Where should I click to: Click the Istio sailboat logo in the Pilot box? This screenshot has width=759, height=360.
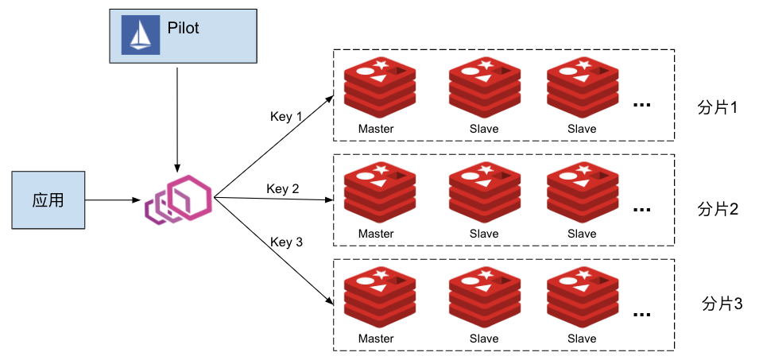pos(140,35)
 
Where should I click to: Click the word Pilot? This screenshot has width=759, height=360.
pos(183,28)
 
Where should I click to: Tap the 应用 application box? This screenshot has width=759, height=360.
pos(48,199)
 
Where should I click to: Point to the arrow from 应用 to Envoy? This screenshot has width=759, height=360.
pos(111,199)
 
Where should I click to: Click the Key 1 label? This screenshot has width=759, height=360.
pos(287,117)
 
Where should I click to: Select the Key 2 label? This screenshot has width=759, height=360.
pos(283,188)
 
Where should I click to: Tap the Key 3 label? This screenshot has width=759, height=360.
pos(287,242)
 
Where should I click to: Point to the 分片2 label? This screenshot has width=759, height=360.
pos(718,210)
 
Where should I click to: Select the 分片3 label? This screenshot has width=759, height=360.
pos(722,304)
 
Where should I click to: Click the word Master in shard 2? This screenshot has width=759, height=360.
pos(376,234)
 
